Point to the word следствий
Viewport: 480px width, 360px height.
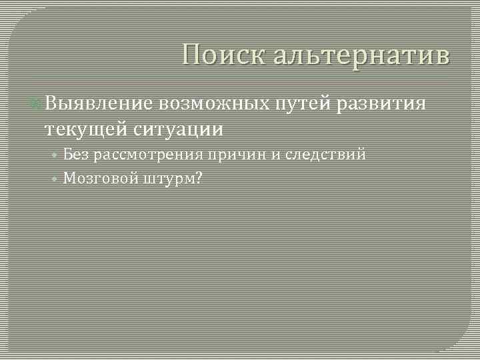pos(325,155)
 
